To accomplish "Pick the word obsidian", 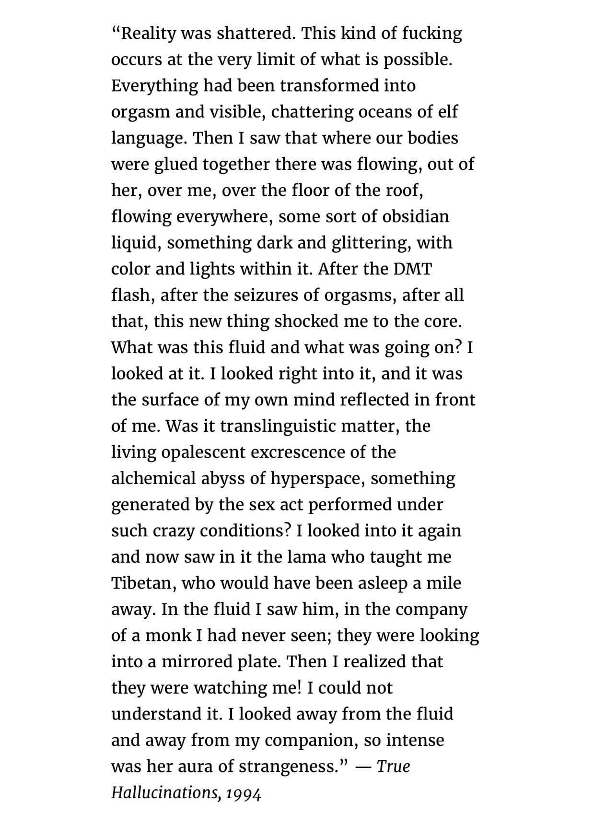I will pos(416,216).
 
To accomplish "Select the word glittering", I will pos(371,243).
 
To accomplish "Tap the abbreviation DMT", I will pos(412,269).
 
